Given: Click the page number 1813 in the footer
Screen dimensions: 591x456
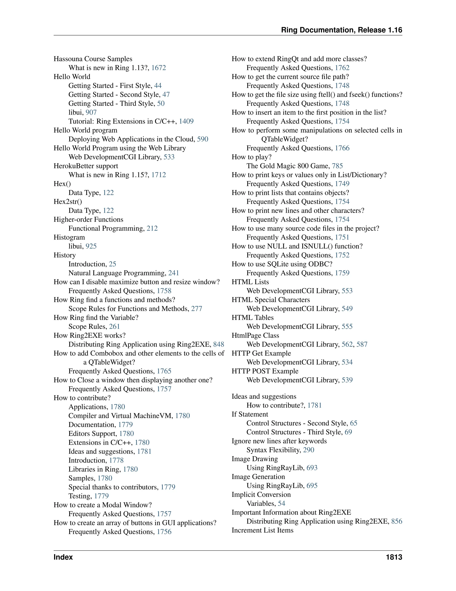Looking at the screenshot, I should pos(394,557).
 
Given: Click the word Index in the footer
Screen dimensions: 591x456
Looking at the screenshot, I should pos(63,557).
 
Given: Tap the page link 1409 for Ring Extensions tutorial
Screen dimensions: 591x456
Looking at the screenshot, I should pos(186,121).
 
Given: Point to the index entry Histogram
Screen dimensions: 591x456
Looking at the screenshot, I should pos(69,237).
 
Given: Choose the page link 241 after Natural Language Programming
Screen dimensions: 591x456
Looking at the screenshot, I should pos(174,273).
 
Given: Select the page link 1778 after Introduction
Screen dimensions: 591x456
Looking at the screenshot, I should pos(116,460).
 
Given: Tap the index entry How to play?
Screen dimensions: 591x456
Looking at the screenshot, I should pos(252,157).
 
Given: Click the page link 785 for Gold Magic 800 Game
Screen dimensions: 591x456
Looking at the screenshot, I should pos(337,166).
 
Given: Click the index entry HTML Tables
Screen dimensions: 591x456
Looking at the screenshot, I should pos(252,318).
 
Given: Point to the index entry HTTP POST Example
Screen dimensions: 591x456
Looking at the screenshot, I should pos(265,371).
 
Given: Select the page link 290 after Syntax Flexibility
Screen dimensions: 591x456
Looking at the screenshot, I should pos(309,450).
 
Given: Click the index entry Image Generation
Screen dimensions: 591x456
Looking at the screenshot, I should pos(258,477).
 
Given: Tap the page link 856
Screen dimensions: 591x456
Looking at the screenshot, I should pos(397,521).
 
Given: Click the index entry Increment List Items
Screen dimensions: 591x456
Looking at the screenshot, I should pos(262,530).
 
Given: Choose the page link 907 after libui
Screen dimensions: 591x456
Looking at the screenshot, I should pos(91,112).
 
